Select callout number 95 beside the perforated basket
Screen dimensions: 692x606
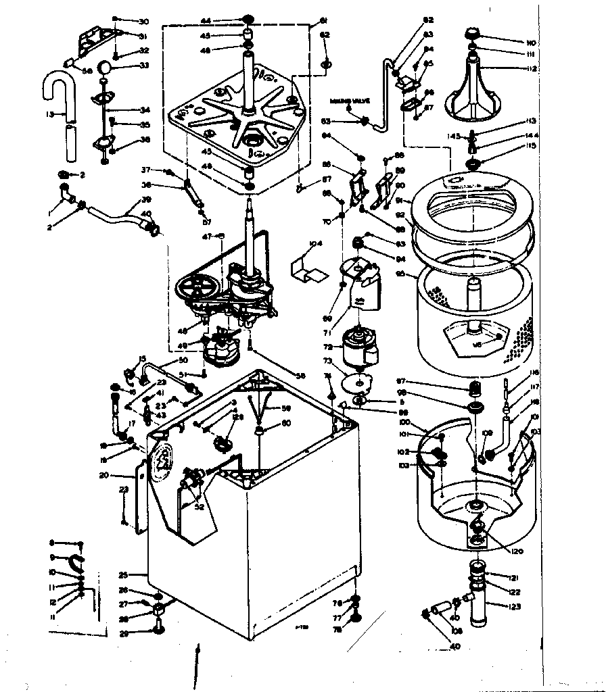(x=400, y=274)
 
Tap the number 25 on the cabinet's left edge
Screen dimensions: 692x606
(x=123, y=575)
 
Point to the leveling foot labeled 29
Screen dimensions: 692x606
(x=160, y=631)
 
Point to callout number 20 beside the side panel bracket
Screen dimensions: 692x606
(x=122, y=475)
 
